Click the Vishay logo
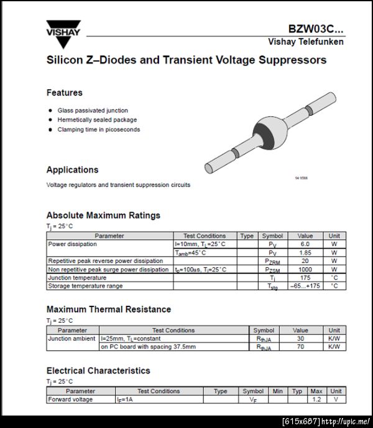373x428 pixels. pos(63,34)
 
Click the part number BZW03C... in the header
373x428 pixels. pos(315,29)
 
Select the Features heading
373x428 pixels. pos(64,93)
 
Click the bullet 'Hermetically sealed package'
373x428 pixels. pos(97,120)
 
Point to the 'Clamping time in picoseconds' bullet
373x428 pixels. pos(99,130)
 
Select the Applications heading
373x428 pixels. pos(72,169)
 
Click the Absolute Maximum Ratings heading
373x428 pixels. pos(103,215)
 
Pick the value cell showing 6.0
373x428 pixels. pos(305,244)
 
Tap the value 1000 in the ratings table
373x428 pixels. pos(305,270)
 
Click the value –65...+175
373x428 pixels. pos(305,286)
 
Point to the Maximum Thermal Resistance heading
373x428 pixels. pos(108,309)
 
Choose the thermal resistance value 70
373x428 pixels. pos(300,346)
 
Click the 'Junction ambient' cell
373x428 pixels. pos(72,338)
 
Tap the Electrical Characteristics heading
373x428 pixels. pos(98,371)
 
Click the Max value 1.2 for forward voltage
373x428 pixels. pos(316,399)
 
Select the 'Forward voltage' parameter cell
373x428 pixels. pos(70,399)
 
